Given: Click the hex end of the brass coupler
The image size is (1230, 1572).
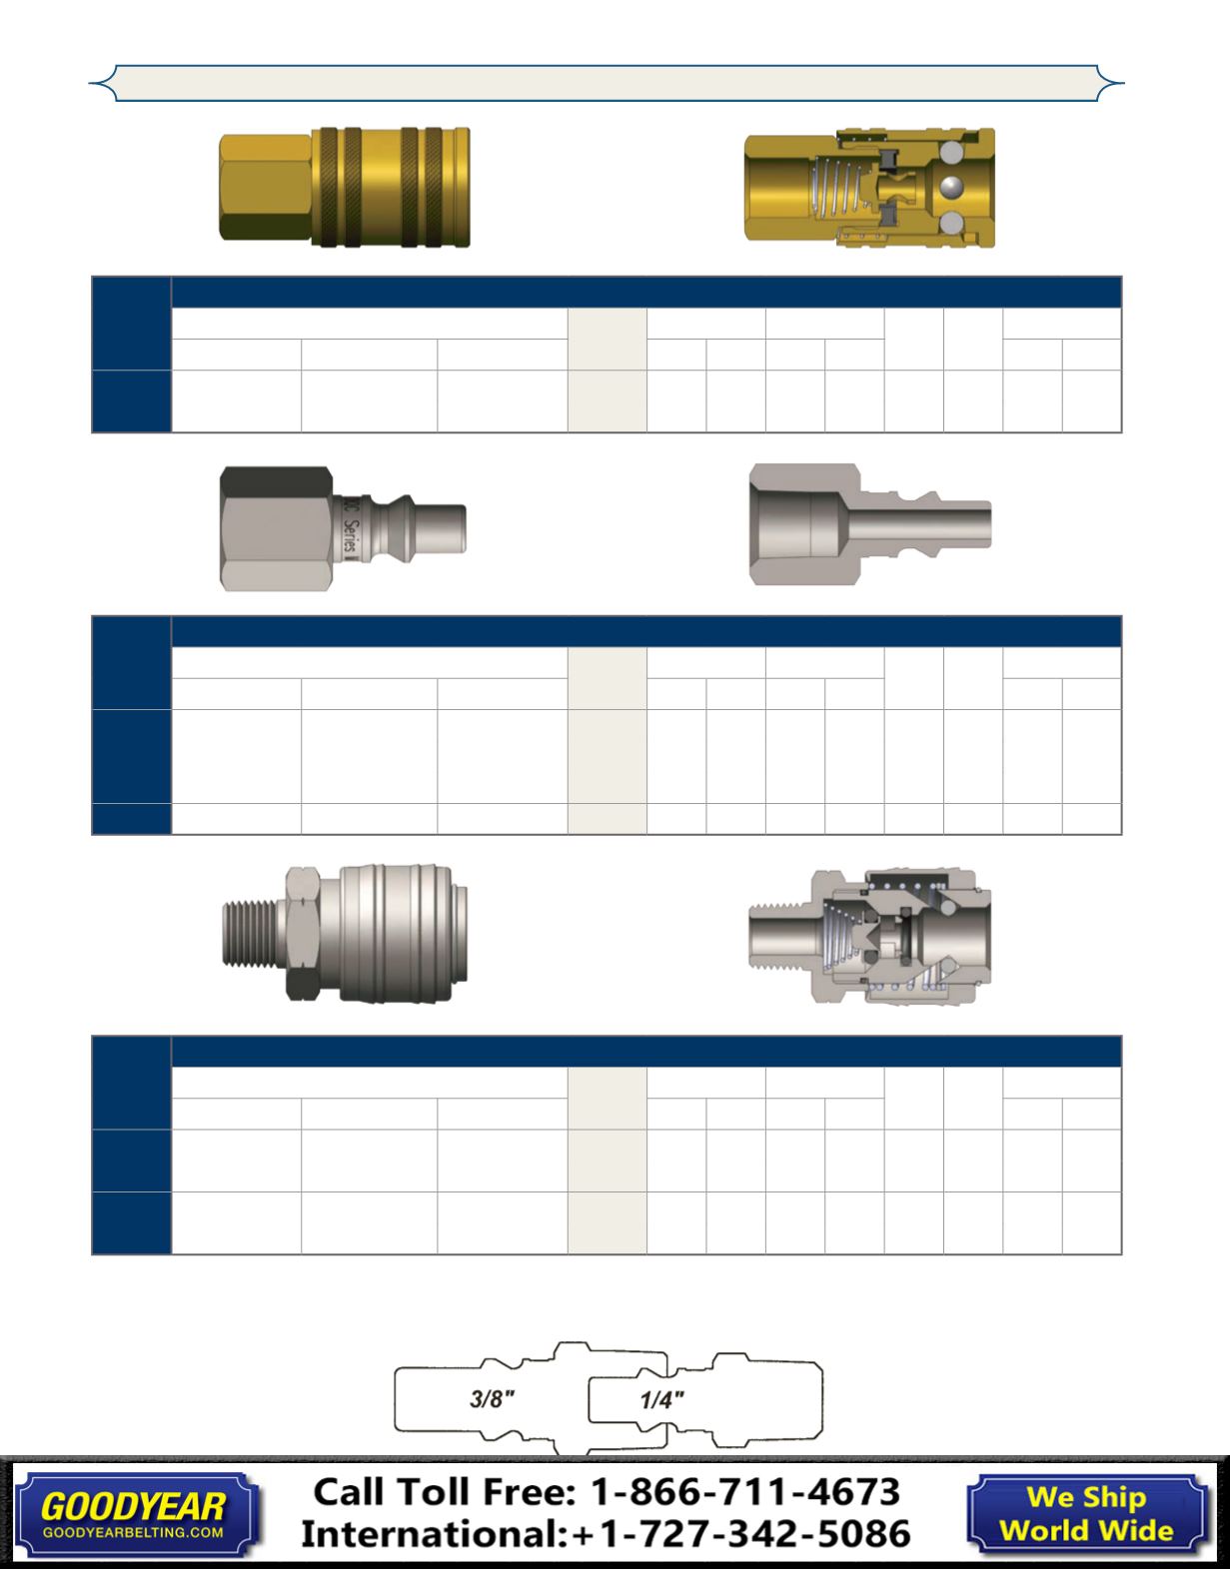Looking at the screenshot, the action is point(266,188).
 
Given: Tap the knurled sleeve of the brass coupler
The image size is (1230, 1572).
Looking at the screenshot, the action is point(391,188).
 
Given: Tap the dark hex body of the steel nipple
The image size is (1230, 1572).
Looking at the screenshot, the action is point(277,528).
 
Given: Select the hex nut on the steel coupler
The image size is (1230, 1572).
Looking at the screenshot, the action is point(303,933).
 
